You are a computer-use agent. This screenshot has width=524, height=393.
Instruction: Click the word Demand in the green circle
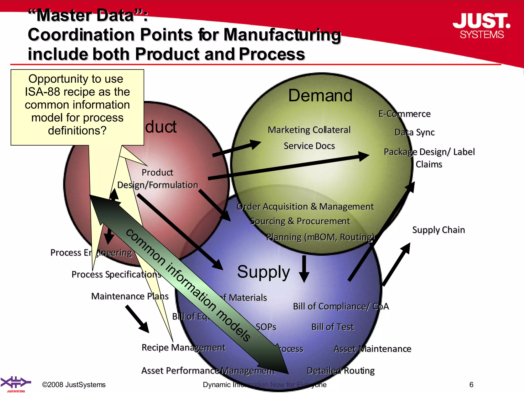[320, 95]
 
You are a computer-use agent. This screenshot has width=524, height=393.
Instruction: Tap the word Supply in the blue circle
[263, 272]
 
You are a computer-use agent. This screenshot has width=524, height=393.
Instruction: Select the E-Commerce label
[404, 114]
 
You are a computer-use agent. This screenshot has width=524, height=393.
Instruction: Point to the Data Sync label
[414, 132]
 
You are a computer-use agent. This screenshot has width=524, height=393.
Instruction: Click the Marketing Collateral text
[309, 130]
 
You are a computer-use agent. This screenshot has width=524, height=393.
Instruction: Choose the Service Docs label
[309, 146]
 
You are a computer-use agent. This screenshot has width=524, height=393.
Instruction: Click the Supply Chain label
[438, 230]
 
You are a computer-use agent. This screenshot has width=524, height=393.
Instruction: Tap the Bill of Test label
[332, 327]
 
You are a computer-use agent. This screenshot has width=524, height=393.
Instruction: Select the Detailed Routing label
[340, 370]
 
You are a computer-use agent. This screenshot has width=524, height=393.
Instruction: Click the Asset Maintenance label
[372, 349]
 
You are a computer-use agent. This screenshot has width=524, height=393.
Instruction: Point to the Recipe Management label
[183, 347]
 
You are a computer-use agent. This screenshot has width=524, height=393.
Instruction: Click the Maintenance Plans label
[130, 296]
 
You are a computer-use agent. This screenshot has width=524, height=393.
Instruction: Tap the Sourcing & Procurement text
[300, 221]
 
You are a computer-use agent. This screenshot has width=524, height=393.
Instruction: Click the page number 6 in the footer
[471, 385]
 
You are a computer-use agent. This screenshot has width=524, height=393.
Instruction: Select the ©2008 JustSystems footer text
[74, 385]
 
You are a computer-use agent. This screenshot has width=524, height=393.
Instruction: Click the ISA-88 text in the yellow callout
[42, 92]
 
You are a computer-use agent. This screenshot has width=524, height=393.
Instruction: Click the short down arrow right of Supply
[304, 269]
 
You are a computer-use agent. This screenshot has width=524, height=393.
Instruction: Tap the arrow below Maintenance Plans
[137, 319]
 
